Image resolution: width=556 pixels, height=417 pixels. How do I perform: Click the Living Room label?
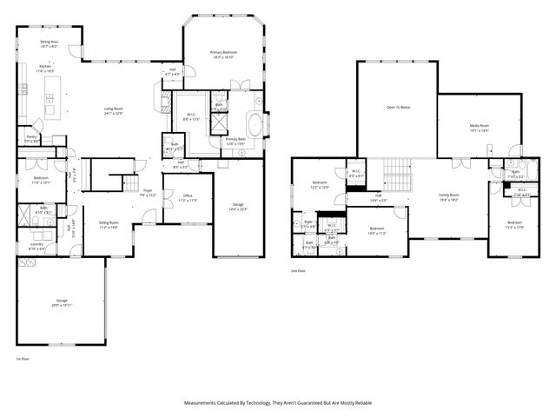(114, 109)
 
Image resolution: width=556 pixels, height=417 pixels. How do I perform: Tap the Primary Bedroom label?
(223, 52)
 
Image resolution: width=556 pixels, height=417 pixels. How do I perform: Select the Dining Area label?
(50, 42)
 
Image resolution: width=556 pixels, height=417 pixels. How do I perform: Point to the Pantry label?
(31, 136)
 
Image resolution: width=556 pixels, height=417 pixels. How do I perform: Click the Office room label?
(187, 196)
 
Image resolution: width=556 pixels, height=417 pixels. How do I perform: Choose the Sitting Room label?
(109, 222)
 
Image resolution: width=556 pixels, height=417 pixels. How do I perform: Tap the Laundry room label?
(36, 244)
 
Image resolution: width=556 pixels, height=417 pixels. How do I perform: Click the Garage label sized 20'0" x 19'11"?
(62, 301)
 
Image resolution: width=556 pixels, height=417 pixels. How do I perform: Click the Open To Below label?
(398, 107)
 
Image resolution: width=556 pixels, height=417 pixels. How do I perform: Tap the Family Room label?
(448, 195)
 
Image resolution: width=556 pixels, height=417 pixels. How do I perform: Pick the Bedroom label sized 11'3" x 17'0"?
(515, 223)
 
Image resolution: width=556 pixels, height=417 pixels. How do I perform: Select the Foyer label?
(147, 190)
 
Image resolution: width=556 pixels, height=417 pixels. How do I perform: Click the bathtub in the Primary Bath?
(256, 121)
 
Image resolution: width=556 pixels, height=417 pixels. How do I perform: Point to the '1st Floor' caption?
(23, 358)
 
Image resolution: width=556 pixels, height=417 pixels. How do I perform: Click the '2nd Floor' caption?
(299, 272)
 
